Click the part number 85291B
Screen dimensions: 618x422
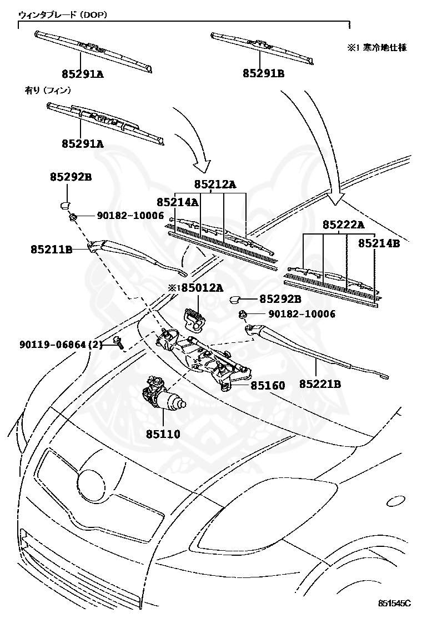click(263, 73)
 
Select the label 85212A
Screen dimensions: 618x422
click(215, 184)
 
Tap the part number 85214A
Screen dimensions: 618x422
click(177, 202)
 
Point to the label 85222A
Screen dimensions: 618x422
click(344, 225)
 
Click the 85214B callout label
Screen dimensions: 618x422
click(379, 243)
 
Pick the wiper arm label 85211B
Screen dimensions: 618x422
click(52, 250)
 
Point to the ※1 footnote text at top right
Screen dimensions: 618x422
click(376, 48)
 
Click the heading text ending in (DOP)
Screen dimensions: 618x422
click(63, 15)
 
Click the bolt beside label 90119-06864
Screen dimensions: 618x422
click(117, 342)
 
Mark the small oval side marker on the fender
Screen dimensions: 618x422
click(398, 501)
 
